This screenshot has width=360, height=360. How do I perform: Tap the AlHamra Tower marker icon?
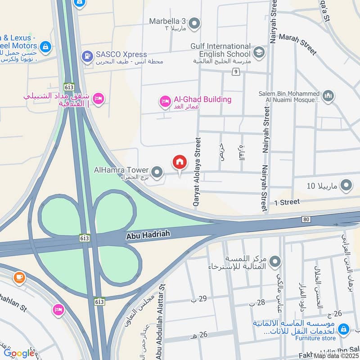(157, 171)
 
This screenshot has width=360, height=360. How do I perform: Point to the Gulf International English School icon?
(259, 53)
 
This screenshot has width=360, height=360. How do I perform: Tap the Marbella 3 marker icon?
(194, 23)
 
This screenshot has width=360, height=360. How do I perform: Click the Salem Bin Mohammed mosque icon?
(328, 96)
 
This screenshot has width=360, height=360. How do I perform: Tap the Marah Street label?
(298, 45)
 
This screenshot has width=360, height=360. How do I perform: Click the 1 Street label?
(287, 202)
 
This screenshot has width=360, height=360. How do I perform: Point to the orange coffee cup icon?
(19, 277)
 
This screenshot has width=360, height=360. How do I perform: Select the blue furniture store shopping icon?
(344, 329)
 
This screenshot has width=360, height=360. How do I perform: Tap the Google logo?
(19, 353)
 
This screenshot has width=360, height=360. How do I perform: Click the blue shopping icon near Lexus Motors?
(45, 46)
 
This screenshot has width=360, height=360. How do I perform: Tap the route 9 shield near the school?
(235, 72)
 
